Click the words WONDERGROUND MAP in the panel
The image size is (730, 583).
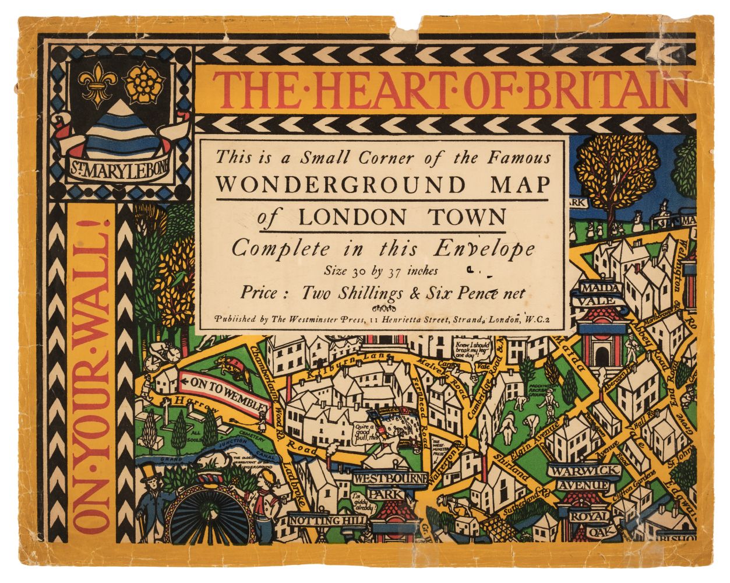coord(384,185)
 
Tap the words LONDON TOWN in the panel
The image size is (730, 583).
coord(402,217)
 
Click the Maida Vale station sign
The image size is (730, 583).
coord(597,294)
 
